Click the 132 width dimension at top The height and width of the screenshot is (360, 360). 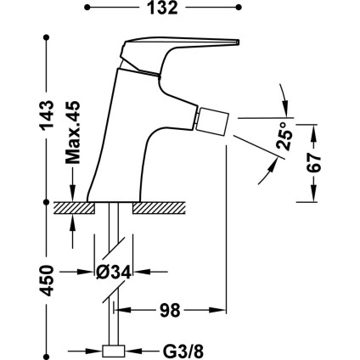[163, 8]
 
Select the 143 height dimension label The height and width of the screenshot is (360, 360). [47, 115]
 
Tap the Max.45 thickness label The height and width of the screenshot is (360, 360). [73, 132]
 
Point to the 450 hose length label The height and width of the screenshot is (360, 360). [47, 280]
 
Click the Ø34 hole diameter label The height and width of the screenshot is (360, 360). [114, 273]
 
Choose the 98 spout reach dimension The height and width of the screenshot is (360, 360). [170, 310]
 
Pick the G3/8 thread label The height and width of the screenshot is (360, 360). [183, 352]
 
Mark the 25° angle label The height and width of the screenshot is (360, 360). [285, 136]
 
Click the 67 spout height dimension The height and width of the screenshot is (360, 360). [314, 163]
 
